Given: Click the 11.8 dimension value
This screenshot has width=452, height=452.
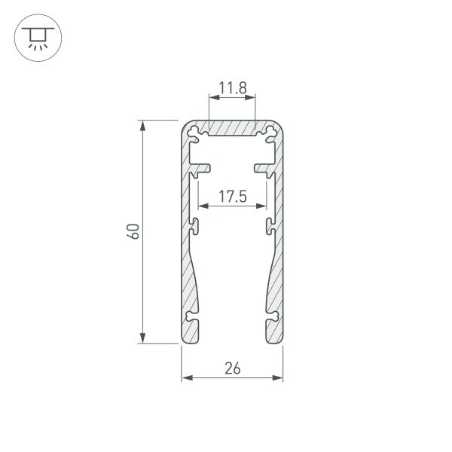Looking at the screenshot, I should [x=232, y=88].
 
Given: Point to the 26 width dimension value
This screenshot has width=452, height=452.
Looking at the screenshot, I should [x=232, y=368].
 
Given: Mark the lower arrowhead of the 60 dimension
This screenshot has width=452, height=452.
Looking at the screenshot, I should [x=142, y=339].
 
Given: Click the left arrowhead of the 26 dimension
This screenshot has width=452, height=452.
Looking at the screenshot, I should [x=185, y=377].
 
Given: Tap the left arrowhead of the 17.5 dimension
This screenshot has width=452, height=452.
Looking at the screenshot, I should [x=202, y=206].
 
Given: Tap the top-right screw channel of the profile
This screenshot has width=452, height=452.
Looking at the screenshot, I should [x=269, y=133].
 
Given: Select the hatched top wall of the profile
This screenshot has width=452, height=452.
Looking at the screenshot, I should [x=232, y=129].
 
